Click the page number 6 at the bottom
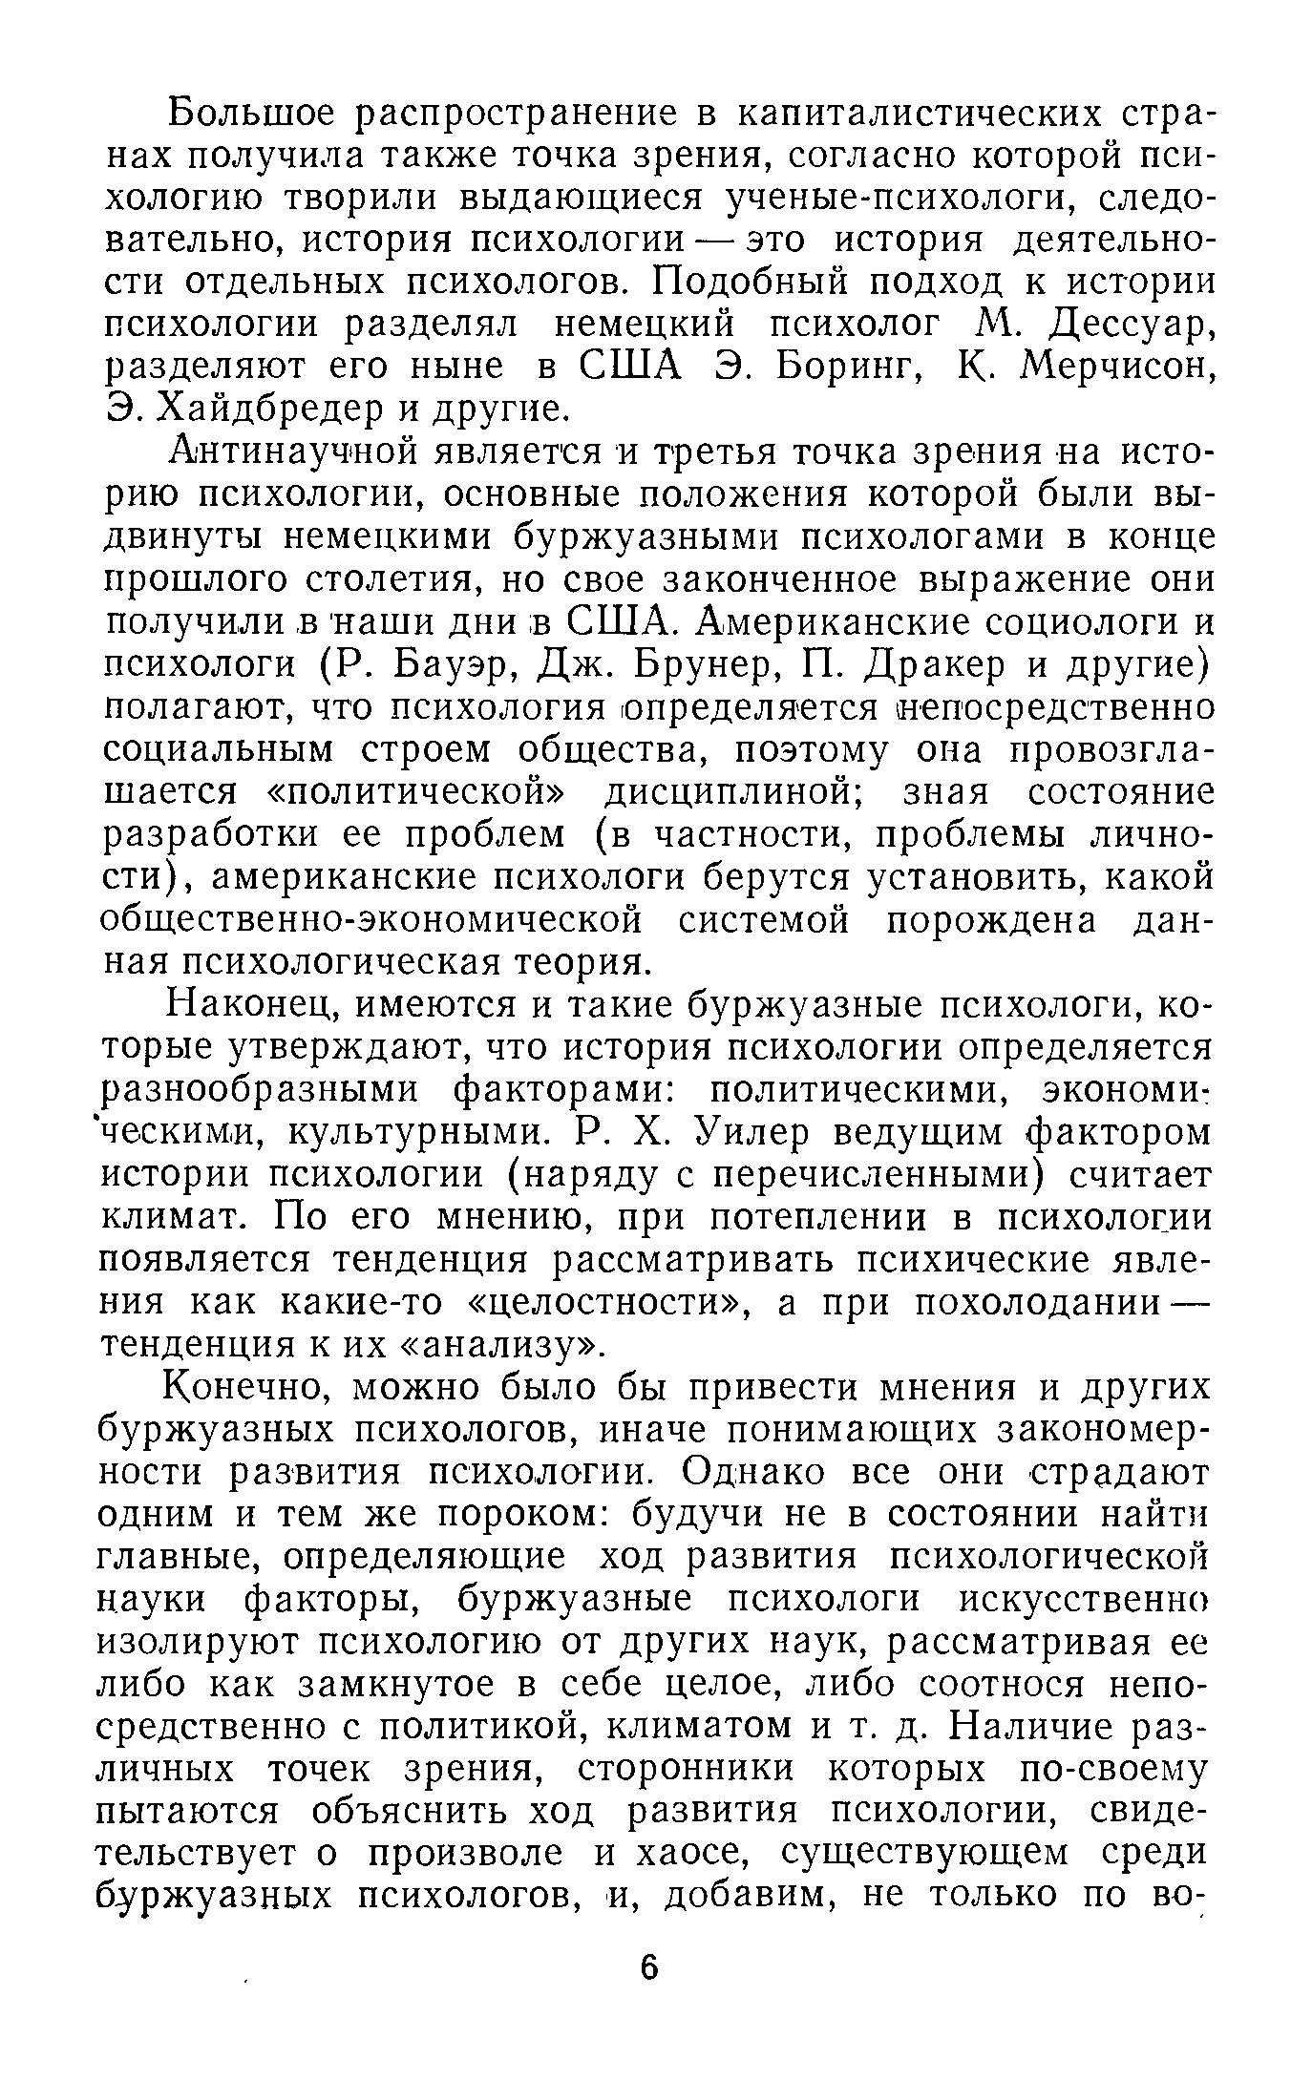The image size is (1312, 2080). [x=649, y=1969]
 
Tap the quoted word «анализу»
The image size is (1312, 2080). [x=501, y=1345]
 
